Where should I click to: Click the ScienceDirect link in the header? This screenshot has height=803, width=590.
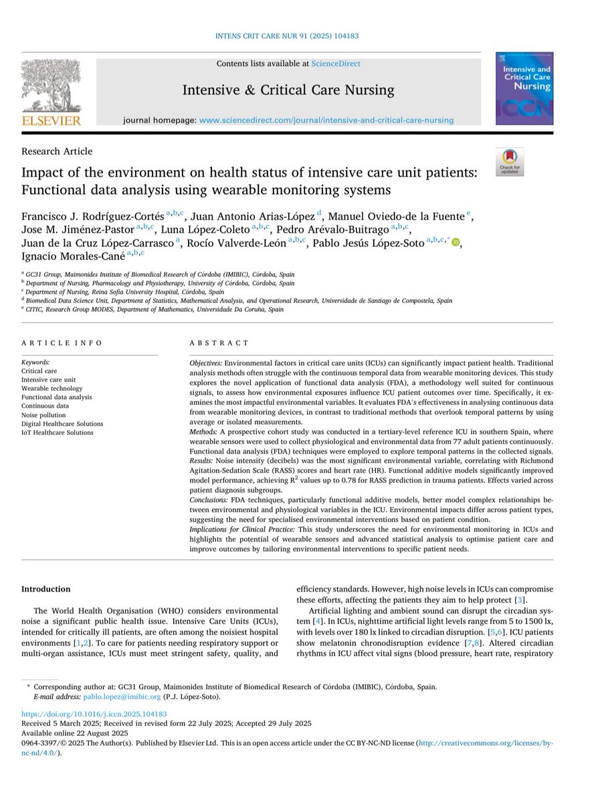335,64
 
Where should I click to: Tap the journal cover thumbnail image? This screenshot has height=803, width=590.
524,90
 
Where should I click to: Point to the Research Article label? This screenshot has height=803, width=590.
57,151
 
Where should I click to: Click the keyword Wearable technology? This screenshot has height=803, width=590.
52,388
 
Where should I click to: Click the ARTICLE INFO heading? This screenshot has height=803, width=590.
62,343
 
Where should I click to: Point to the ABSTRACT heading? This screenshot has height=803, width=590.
219,343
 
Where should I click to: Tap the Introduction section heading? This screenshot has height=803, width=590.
45,589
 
